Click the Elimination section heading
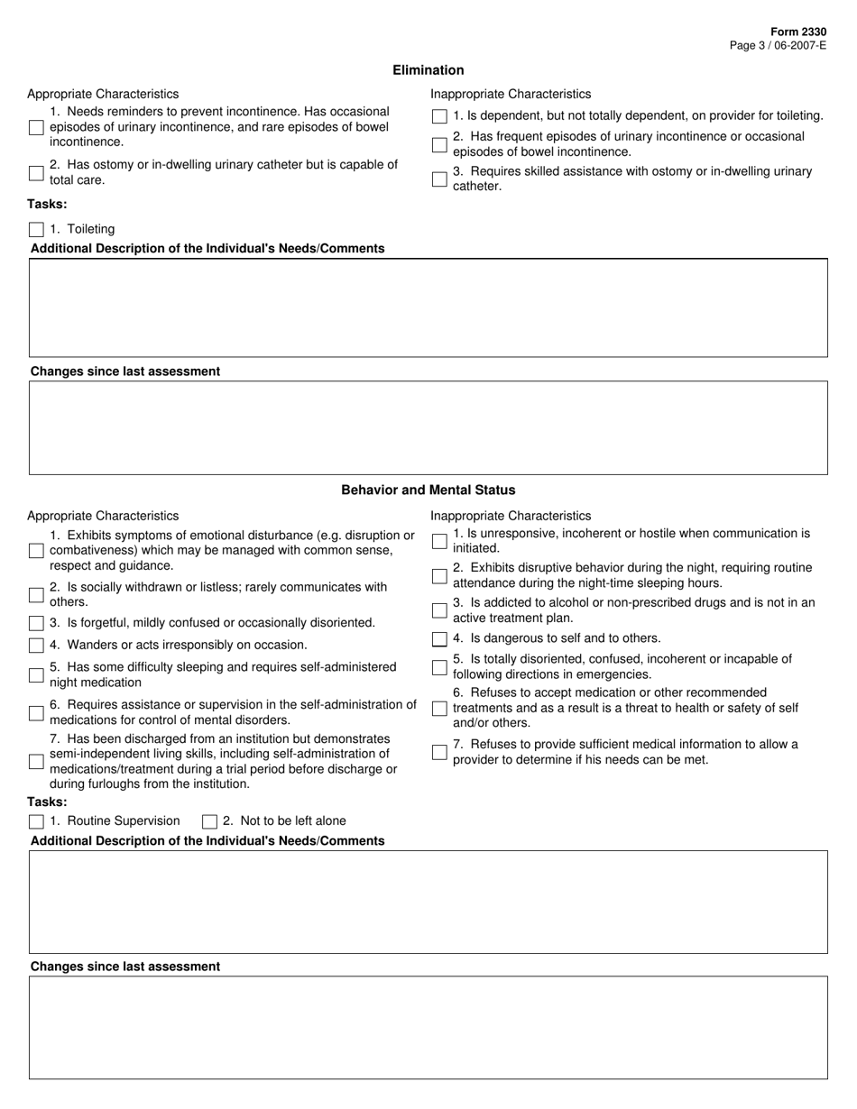pyautogui.click(x=428, y=70)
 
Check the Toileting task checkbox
pyautogui.click(x=36, y=229)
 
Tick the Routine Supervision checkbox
pyautogui.click(x=36, y=821)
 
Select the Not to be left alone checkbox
pyautogui.click(x=209, y=821)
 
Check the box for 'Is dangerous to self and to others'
pyautogui.click(x=439, y=639)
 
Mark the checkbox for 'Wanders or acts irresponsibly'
pyautogui.click(x=36, y=646)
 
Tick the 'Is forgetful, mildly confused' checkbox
pyautogui.click(x=36, y=623)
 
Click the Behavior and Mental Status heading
pyautogui.click(x=428, y=490)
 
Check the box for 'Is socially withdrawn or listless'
pyautogui.click(x=36, y=595)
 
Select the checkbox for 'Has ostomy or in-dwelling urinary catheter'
pyautogui.click(x=36, y=173)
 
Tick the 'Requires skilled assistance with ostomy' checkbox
pyautogui.click(x=439, y=179)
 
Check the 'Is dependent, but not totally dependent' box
pyautogui.click(x=439, y=116)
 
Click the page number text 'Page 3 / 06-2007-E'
pyautogui.click(x=778, y=45)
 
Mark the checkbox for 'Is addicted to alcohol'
pyautogui.click(x=439, y=610)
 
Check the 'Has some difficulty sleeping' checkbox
pyautogui.click(x=36, y=675)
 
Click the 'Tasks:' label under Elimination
pyautogui.click(x=47, y=204)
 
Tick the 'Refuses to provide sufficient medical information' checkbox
pyautogui.click(x=439, y=752)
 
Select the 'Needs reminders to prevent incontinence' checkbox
pyautogui.click(x=36, y=127)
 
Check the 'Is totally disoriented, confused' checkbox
pyautogui.click(x=439, y=667)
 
